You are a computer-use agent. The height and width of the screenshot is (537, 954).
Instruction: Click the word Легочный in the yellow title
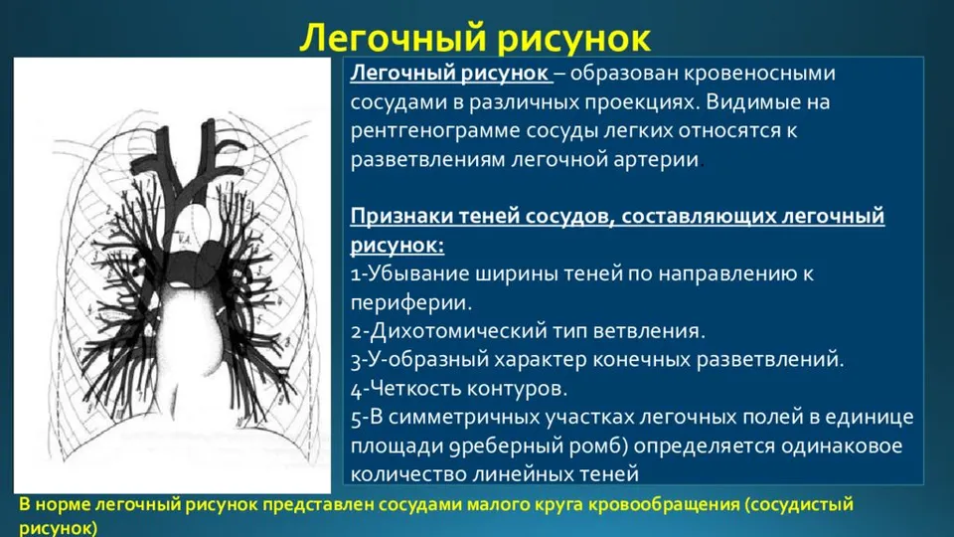coord(394,38)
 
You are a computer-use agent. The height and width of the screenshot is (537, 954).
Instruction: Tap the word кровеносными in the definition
coord(760,73)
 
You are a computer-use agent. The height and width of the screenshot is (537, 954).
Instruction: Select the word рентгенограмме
coord(434,131)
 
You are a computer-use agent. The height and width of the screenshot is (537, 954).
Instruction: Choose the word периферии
coord(411,302)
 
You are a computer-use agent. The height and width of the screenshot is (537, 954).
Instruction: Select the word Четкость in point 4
coord(414,388)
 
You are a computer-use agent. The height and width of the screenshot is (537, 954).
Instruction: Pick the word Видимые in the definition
coord(752,101)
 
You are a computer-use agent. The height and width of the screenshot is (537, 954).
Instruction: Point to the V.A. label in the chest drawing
coord(185,241)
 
